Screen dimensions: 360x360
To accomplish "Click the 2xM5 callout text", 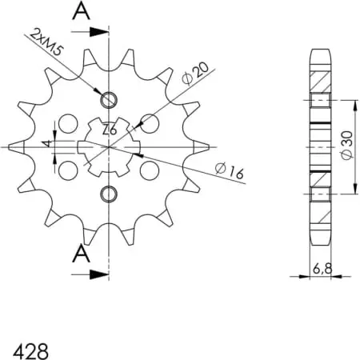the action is coord(46,42).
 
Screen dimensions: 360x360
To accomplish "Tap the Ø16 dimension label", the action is coord(230,170).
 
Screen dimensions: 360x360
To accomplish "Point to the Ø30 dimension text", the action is coord(348,146).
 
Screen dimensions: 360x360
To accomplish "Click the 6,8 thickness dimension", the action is coord(322,269).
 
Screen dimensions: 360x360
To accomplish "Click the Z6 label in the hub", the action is coord(110,130).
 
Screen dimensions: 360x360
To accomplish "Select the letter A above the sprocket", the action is coord(81,12).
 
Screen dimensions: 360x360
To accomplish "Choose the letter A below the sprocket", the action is coord(81,254).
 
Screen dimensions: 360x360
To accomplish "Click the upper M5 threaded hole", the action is coord(109,100).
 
